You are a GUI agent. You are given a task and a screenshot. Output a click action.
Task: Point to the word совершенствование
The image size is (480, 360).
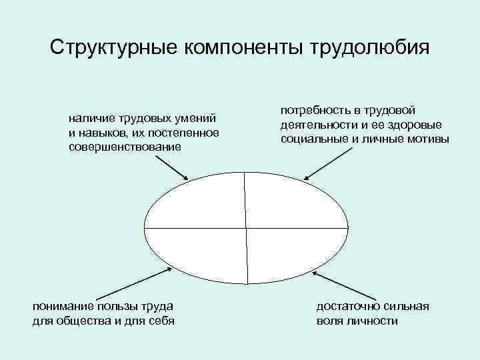[x=125, y=146]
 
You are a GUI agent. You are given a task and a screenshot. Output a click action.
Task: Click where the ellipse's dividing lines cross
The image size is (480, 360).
[x=247, y=228]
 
